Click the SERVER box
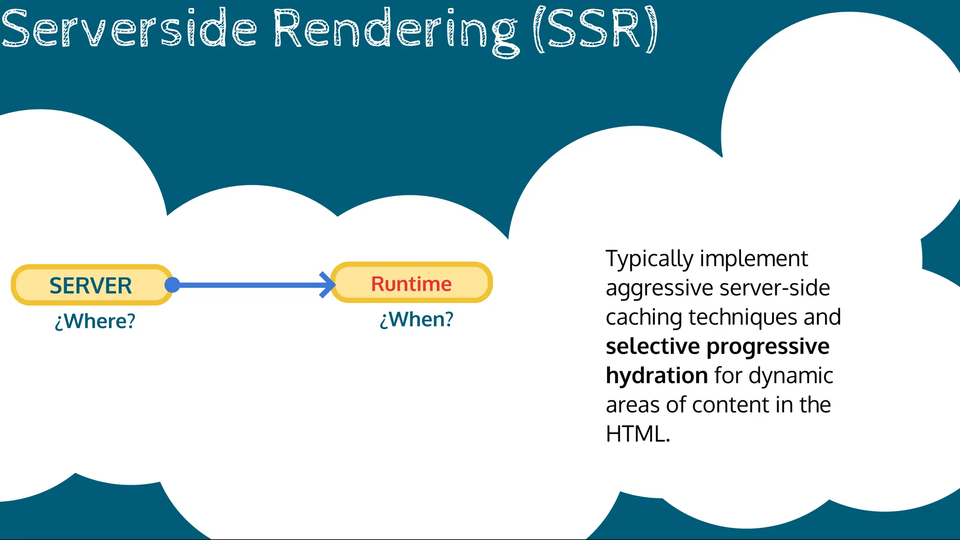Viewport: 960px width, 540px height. pyautogui.click(x=91, y=285)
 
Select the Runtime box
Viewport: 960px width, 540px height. pyautogui.click(x=412, y=284)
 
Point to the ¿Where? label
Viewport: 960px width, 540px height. pyautogui.click(x=95, y=322)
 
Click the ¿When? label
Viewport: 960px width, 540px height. pyautogui.click(x=416, y=320)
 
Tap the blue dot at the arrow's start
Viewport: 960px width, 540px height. pyautogui.click(x=172, y=285)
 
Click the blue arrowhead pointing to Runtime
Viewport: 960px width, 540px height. pyautogui.click(x=328, y=285)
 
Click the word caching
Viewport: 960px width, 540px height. pyautogui.click(x=644, y=317)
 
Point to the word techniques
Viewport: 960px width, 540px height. pyautogui.click(x=742, y=317)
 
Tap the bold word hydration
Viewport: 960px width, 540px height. pyautogui.click(x=656, y=375)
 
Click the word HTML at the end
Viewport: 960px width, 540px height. pyautogui.click(x=635, y=434)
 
